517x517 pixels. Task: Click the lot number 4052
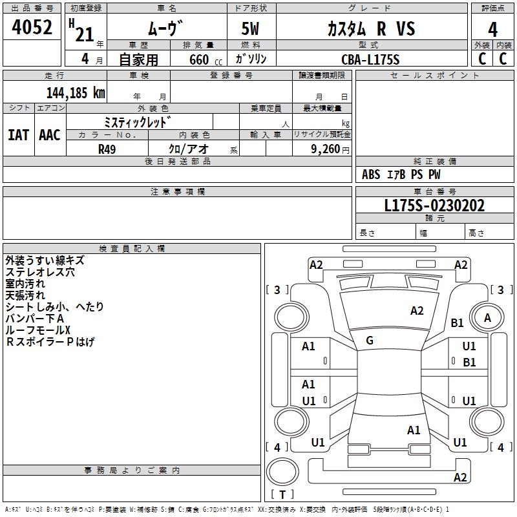pyautogui.click(x=32, y=29)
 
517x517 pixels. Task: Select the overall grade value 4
pyautogui.click(x=493, y=29)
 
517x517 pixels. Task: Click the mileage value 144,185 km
pyautogui.click(x=76, y=92)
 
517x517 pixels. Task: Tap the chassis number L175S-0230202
pyautogui.click(x=434, y=206)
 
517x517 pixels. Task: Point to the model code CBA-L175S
pyautogui.click(x=370, y=59)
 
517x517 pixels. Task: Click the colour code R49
pyautogui.click(x=107, y=148)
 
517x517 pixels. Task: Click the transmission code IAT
pyautogui.click(x=18, y=134)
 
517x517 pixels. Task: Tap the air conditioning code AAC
pyautogui.click(x=50, y=134)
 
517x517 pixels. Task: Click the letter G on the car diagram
pyautogui.click(x=370, y=341)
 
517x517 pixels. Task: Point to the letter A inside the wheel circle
pyautogui.click(x=488, y=317)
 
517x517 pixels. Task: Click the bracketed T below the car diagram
pyautogui.click(x=282, y=494)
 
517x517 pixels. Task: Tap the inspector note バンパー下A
pyautogui.click(x=35, y=319)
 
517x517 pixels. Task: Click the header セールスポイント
pyautogui.click(x=436, y=76)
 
